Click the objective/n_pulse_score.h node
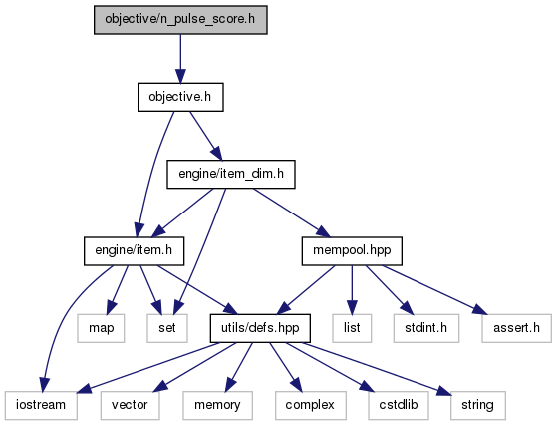coord(180,20)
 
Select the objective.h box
coord(180,97)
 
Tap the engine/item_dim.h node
coord(231,175)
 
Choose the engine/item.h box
coord(134,251)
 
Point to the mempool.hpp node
coord(352,251)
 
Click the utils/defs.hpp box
coord(260,328)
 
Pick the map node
coord(102,328)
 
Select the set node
coord(167,328)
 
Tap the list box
coord(352,328)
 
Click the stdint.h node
coord(426,328)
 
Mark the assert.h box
coord(517,328)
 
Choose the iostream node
coord(41,405)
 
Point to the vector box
coord(130,405)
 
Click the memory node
coord(218,405)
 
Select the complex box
coord(310,405)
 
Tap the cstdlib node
coord(399,405)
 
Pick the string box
coord(478,405)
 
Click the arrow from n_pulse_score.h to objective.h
coord(180,59)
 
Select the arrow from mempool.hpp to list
coord(352,289)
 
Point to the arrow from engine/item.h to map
coord(118,289)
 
